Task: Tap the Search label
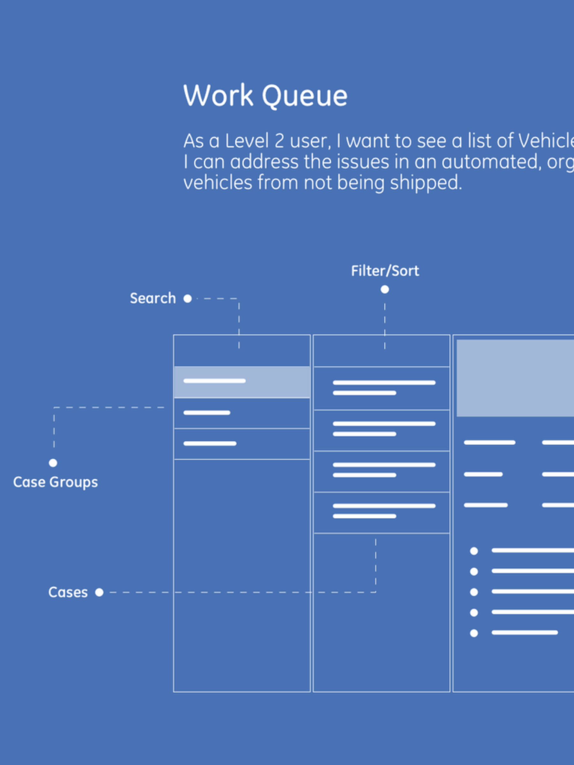(x=153, y=298)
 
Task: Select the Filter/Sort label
(x=385, y=271)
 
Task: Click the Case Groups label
(x=55, y=482)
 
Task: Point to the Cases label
(x=68, y=593)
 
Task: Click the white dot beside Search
(x=188, y=298)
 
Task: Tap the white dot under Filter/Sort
(x=385, y=289)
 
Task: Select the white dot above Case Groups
(x=53, y=463)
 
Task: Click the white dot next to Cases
(x=99, y=593)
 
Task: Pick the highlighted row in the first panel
(x=241, y=382)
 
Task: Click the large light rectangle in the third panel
(x=515, y=378)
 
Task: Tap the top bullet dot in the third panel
(x=474, y=550)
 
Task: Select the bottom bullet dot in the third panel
(x=474, y=633)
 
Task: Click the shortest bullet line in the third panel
(x=525, y=632)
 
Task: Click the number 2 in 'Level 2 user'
(x=279, y=141)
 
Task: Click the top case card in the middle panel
(x=381, y=388)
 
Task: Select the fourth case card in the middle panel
(x=381, y=512)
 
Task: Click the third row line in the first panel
(x=210, y=443)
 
